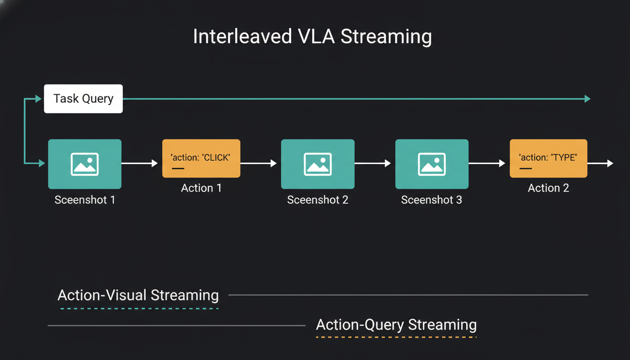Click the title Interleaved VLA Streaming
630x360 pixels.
point(312,37)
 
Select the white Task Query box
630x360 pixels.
point(83,99)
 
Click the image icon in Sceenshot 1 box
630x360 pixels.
point(85,164)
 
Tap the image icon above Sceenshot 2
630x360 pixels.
point(318,164)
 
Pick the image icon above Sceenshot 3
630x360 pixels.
point(432,164)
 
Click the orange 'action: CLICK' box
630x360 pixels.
point(201,158)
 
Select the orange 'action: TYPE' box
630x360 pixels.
point(548,158)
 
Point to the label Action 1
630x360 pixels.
point(201,188)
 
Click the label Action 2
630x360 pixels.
point(548,188)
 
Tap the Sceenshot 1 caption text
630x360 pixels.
point(85,200)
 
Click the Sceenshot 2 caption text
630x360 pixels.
point(318,200)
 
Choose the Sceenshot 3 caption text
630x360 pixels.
point(432,200)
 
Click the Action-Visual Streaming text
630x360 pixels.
point(138,295)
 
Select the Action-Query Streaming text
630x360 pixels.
point(396,325)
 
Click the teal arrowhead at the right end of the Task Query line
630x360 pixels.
point(587,99)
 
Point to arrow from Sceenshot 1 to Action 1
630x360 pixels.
point(140,163)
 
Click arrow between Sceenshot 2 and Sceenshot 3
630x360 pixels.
point(373,163)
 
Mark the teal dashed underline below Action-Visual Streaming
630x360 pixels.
point(139,308)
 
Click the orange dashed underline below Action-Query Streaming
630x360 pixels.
point(396,337)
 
